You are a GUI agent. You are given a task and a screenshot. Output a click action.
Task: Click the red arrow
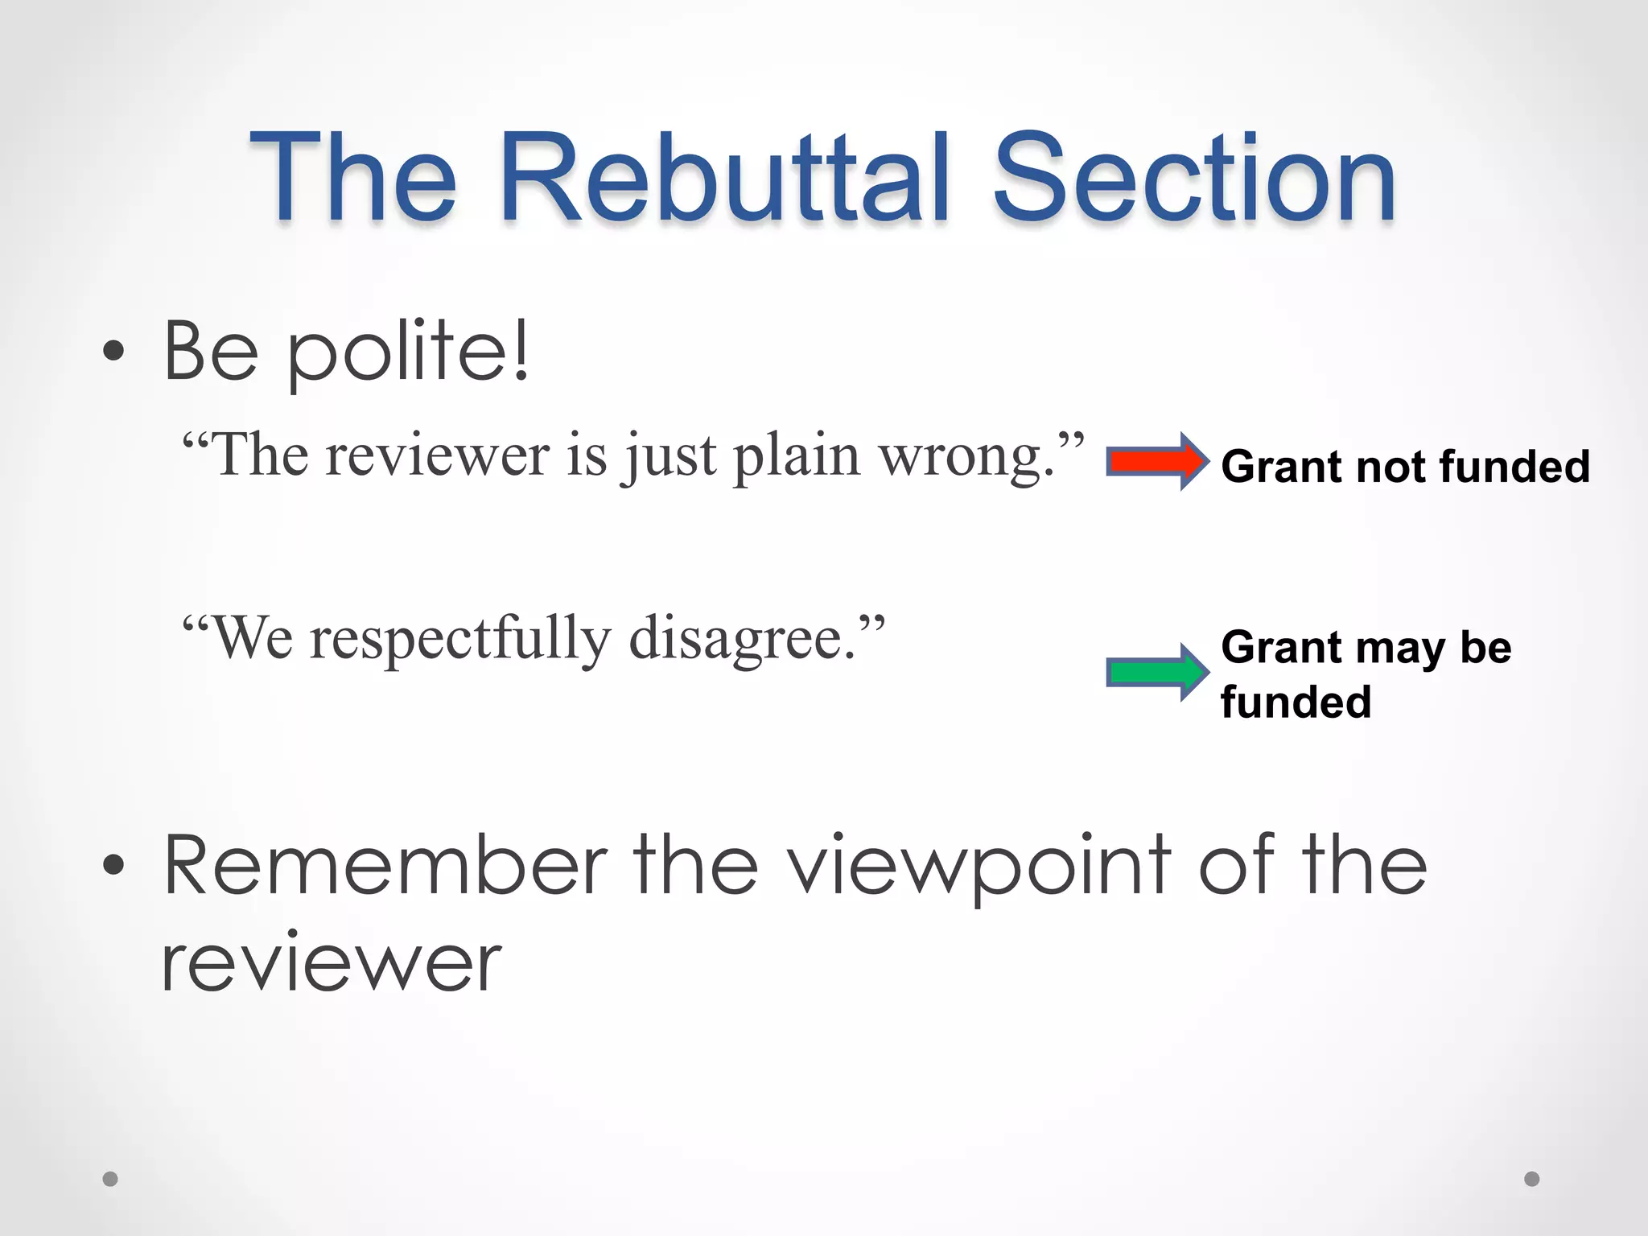coord(1157,462)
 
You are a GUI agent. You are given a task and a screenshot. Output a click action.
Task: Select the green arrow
coord(1157,672)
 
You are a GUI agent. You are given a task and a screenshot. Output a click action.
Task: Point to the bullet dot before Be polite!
coord(113,351)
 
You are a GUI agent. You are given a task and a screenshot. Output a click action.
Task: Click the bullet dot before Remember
coord(113,866)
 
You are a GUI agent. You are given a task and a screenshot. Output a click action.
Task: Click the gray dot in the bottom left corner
coord(110,1179)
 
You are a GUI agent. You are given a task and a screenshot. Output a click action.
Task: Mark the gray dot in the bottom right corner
coord(1532,1179)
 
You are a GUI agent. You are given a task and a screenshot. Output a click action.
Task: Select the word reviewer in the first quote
coord(438,457)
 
